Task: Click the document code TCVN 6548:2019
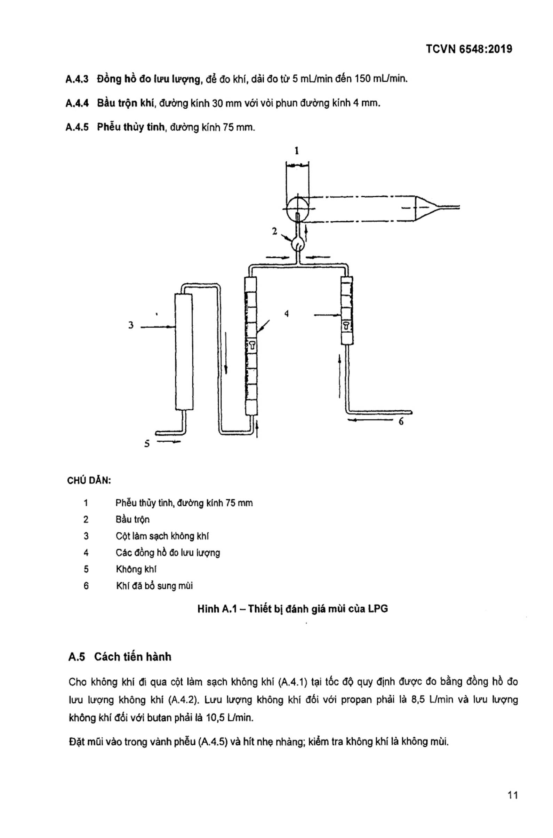(x=469, y=49)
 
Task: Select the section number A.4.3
(x=77, y=79)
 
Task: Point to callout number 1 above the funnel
(x=297, y=151)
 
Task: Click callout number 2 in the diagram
(x=275, y=231)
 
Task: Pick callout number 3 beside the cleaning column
(x=131, y=325)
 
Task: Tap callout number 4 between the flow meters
(x=286, y=314)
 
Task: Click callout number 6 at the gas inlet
(x=401, y=421)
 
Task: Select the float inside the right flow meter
(x=346, y=325)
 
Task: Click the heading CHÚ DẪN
(x=89, y=481)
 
